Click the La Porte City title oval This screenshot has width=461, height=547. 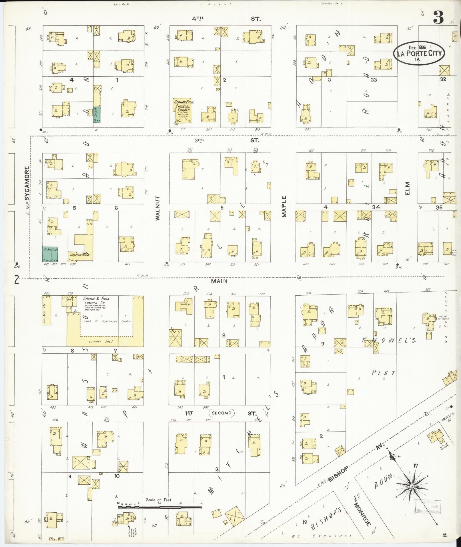coord(419,53)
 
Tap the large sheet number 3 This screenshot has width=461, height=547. coord(438,17)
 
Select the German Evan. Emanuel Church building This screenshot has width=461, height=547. coord(182,111)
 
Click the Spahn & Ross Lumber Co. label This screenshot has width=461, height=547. coord(96,301)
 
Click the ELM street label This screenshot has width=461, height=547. coord(407,188)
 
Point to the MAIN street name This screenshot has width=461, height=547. coord(219,281)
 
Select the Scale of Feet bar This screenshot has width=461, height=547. coord(160,508)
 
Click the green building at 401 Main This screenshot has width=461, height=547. coord(50,254)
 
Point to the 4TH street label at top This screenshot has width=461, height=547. coord(197,19)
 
